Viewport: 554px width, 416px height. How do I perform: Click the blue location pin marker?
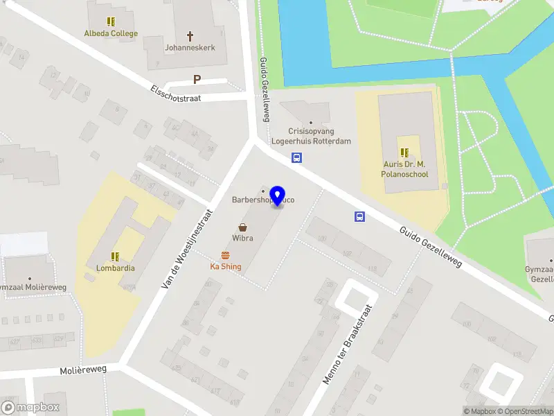tap(278, 196)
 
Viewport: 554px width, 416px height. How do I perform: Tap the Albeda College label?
tap(111, 33)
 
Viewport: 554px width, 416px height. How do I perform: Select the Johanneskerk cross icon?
tap(190, 35)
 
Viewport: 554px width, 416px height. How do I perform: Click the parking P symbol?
tap(197, 80)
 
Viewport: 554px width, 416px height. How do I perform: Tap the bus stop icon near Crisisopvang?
tap(296, 157)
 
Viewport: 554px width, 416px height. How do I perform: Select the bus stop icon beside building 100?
tap(359, 216)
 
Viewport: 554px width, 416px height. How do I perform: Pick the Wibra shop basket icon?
tap(243, 227)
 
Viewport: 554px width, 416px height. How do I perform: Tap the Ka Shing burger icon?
tap(225, 255)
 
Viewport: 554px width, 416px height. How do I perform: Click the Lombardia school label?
tap(116, 268)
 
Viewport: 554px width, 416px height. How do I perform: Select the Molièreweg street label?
tap(83, 370)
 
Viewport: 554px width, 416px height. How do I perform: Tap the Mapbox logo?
tap(30, 408)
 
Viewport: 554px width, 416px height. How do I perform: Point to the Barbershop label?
tap(253, 200)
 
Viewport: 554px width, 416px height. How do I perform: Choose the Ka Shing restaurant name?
tap(226, 267)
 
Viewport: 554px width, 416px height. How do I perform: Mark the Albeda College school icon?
tap(111, 21)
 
